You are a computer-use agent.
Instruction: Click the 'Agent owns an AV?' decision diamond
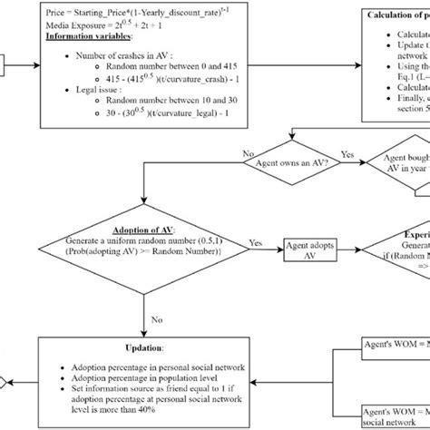click(x=289, y=164)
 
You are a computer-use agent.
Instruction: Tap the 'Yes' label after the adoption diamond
click(x=255, y=243)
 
